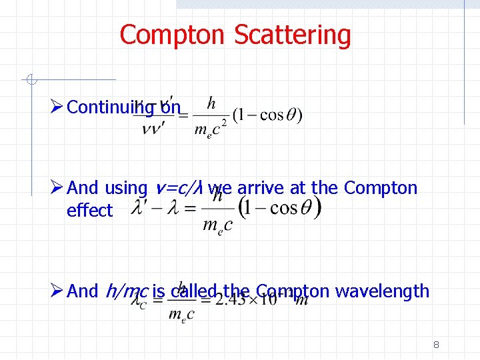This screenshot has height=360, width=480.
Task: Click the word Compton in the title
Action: point(174,35)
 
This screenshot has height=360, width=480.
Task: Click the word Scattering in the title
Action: point(293,35)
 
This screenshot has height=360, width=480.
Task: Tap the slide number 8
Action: point(436,345)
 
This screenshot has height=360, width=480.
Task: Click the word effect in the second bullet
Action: point(90,211)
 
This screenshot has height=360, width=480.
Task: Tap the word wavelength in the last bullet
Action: point(383,291)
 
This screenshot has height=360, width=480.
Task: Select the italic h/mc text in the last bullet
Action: point(127,291)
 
